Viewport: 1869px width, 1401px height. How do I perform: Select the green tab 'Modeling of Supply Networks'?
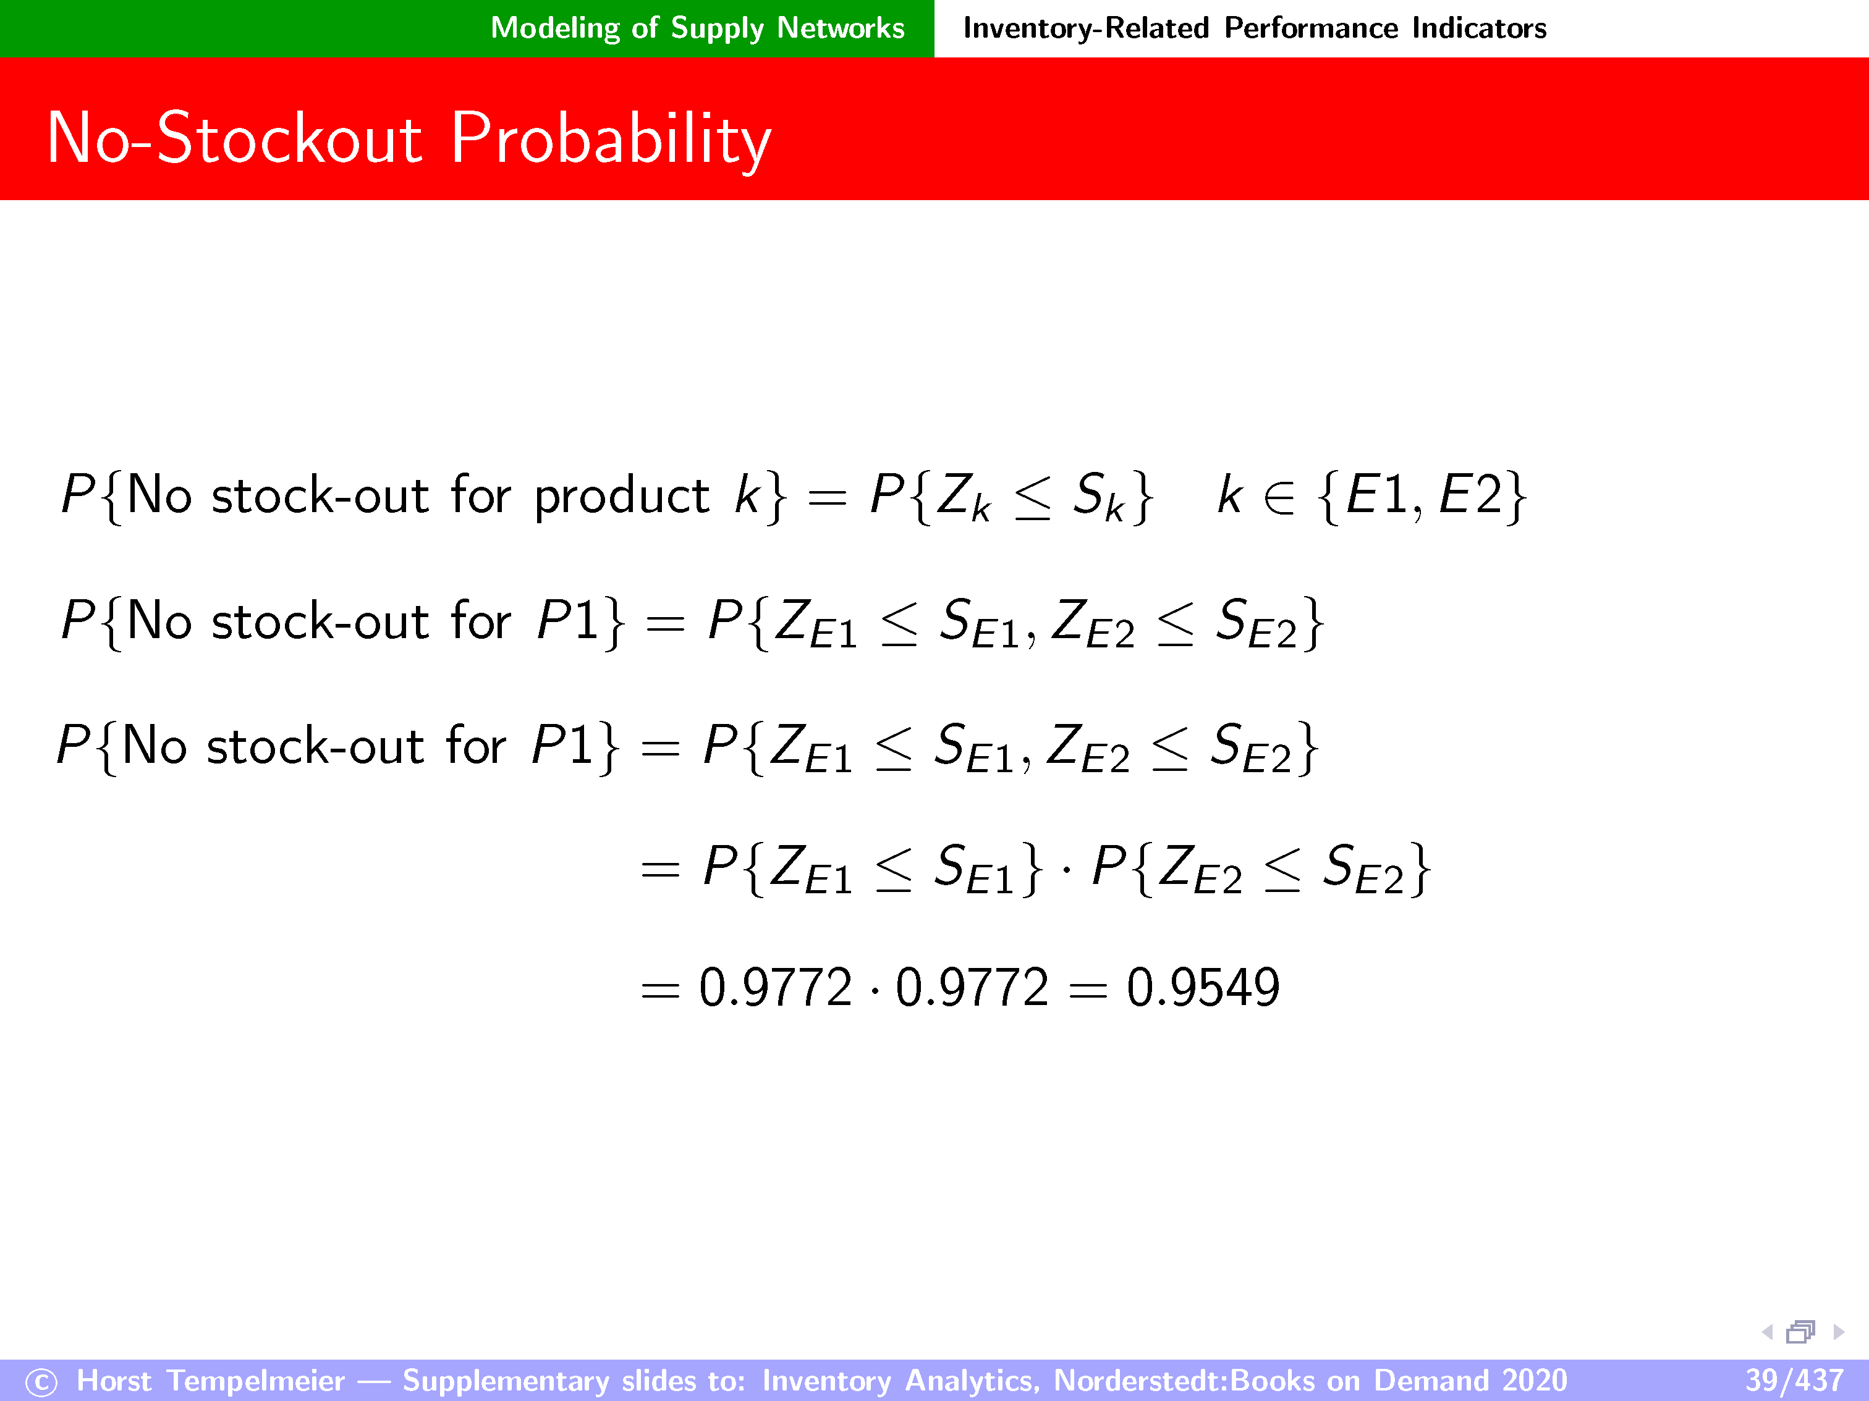click(x=698, y=28)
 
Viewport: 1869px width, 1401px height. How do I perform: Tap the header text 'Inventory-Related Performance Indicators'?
click(x=1255, y=28)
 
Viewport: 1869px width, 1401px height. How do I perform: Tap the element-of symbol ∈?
click(x=1279, y=497)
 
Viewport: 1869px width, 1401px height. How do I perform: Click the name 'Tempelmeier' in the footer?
click(x=256, y=1381)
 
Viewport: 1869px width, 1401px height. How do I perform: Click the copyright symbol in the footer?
click(x=41, y=1382)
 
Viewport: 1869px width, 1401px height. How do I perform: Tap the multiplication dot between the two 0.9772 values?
click(x=874, y=989)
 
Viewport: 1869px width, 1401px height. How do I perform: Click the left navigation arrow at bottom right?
click(x=1767, y=1332)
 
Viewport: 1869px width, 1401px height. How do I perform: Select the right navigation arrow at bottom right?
click(x=1839, y=1332)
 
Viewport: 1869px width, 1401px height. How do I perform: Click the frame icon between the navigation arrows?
click(x=1800, y=1332)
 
